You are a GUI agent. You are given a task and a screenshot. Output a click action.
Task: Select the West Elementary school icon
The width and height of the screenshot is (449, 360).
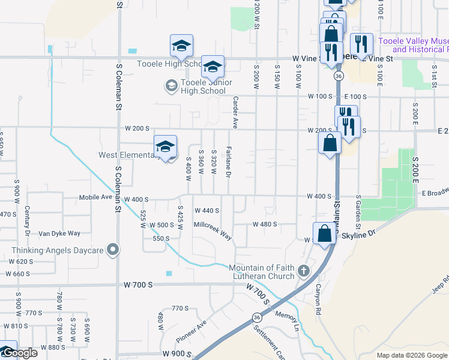tap(165, 146)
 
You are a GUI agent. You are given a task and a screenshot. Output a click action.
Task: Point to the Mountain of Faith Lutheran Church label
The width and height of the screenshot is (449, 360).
tap(262, 272)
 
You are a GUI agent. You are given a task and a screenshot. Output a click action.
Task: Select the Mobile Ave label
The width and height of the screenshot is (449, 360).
tap(95, 197)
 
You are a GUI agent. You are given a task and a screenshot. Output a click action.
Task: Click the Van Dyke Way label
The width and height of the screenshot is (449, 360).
tap(59, 233)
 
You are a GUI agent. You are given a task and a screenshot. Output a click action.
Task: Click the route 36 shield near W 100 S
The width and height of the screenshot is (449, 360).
tap(339, 77)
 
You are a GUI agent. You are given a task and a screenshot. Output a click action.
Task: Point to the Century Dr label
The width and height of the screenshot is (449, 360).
tap(28, 220)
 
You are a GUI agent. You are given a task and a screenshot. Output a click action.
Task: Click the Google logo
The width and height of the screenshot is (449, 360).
tap(19, 353)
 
